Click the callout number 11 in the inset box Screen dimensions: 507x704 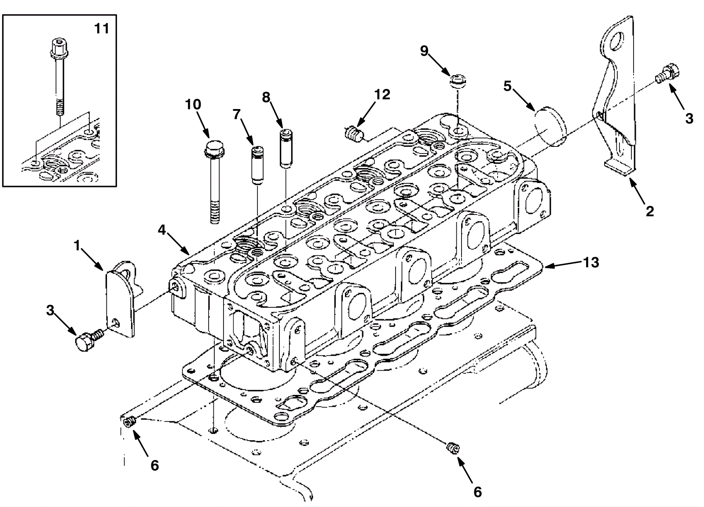(102, 29)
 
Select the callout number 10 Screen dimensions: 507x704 (193, 105)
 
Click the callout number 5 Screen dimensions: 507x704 (507, 86)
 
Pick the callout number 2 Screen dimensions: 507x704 (649, 211)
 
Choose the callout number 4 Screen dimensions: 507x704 (162, 230)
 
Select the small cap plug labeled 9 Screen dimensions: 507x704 (458, 81)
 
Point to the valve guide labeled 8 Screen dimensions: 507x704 (285, 148)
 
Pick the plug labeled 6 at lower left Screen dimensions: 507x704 (129, 422)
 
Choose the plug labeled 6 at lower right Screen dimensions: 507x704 (451, 448)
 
